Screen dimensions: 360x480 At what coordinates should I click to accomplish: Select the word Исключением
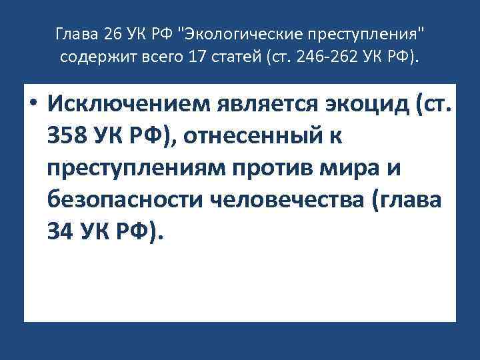pos(133,105)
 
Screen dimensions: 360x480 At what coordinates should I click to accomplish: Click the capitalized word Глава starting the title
pos(70,33)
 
